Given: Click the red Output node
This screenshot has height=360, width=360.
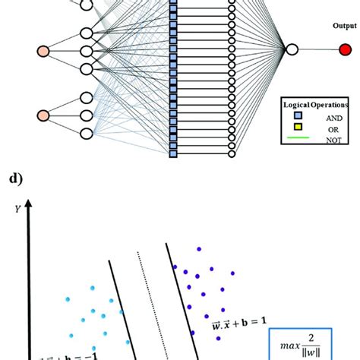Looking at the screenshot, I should [x=346, y=50].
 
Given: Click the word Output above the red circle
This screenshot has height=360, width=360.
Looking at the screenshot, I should [x=344, y=25].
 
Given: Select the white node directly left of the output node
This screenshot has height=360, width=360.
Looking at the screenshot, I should [x=291, y=50].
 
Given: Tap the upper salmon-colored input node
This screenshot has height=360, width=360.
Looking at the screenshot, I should [x=43, y=52].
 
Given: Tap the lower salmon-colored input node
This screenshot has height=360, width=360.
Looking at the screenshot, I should [x=43, y=115].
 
